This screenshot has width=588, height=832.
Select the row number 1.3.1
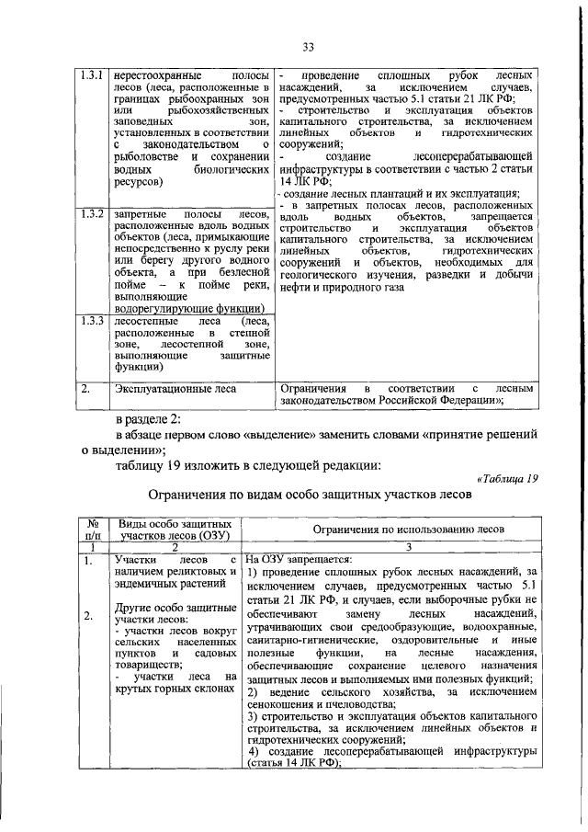[x=90, y=74]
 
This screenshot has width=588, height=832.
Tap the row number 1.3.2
[x=90, y=214]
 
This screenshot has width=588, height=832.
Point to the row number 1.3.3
[x=90, y=321]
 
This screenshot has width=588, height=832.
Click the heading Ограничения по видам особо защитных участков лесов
[x=309, y=494]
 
